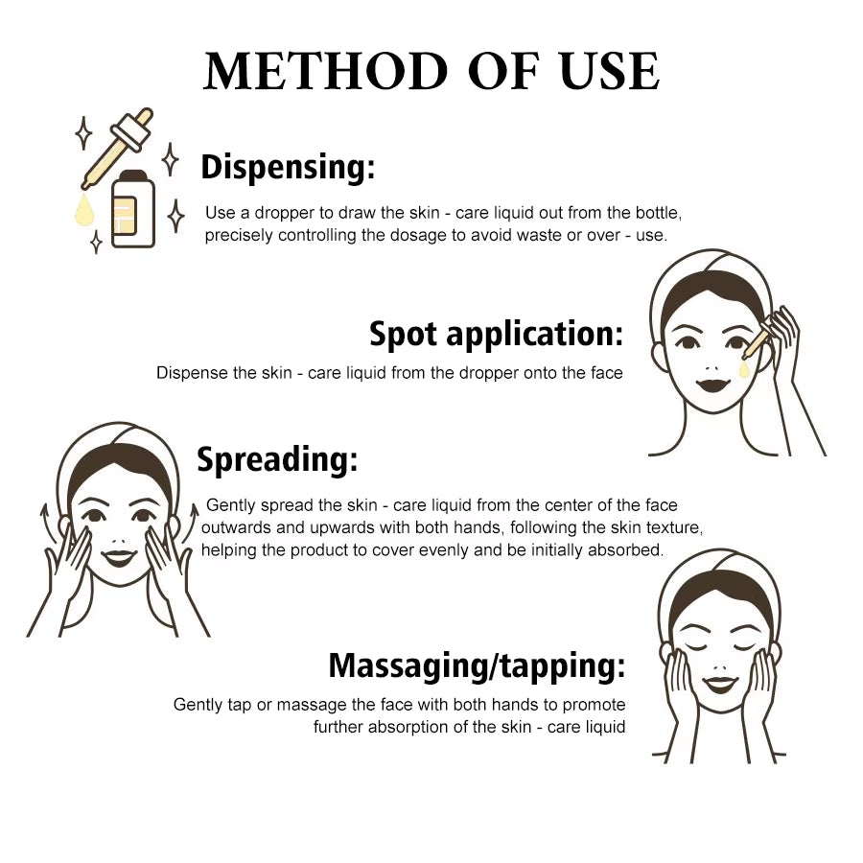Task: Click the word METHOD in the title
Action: [325, 71]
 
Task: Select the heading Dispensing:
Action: [288, 167]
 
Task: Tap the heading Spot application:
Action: [496, 334]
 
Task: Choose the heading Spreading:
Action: [277, 459]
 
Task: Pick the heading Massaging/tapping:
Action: [477, 665]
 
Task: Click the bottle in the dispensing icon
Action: [133, 209]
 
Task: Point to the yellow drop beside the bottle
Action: [83, 210]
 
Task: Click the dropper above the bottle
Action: [117, 148]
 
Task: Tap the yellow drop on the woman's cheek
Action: [744, 369]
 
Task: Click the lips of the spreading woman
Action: [119, 557]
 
